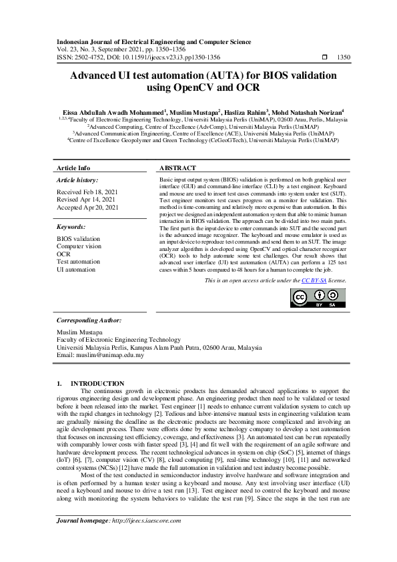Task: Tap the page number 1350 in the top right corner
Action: pos(344,58)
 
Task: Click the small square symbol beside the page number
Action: pos(324,58)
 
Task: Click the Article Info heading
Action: pos(73,168)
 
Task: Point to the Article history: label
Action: pos(77,180)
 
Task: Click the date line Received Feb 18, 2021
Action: pos(87,192)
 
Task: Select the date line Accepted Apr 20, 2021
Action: pos(87,208)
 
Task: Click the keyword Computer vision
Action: pos(79,246)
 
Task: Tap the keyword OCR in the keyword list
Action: pos(63,254)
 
